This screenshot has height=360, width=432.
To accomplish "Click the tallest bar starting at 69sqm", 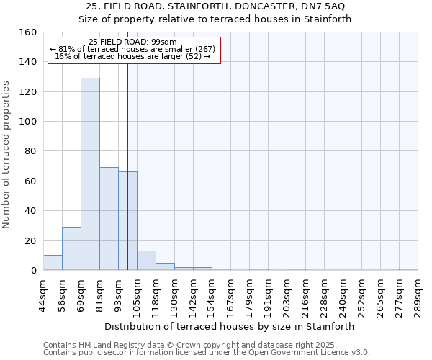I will coord(90,174).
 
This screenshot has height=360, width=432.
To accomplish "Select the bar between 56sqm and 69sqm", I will coord(71,248).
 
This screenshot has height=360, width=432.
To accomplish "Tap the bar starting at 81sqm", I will coord(109,219).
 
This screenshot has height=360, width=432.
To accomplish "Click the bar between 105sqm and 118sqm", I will coord(146,261).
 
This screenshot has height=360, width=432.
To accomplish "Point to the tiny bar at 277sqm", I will coord(408,269).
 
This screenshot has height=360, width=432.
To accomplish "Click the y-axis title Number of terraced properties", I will coord(6,155).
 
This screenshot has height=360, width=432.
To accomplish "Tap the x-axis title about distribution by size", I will coord(235,326).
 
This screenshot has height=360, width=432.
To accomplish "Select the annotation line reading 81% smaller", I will coord(132,49).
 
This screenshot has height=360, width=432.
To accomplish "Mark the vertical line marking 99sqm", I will coord(127,180).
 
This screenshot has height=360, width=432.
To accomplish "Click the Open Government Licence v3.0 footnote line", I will coord(207,352).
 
